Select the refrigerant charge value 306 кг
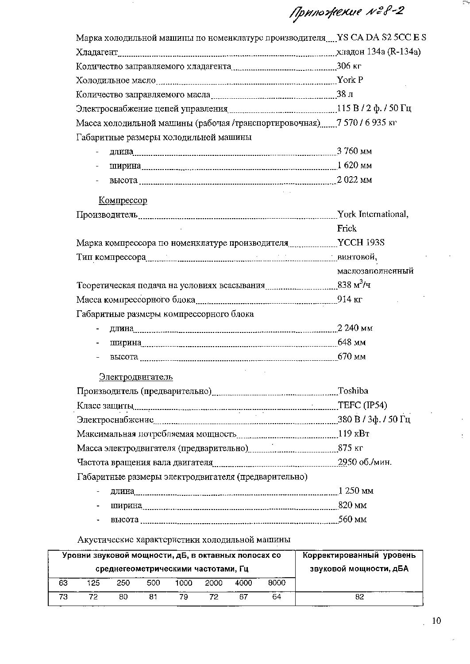tap(350, 66)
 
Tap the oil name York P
tap(350, 80)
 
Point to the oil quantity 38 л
tap(345, 94)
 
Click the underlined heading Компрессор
tap(123, 201)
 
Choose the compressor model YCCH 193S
tap(361, 243)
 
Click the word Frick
tap(347, 228)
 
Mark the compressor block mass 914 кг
tap(350, 299)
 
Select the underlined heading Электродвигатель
tap(135, 377)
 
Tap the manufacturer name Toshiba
tap(353, 391)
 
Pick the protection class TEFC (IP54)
tap(362, 405)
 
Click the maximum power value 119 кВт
tap(354, 433)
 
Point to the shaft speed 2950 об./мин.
tap(365, 462)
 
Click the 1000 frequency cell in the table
tap(183, 583)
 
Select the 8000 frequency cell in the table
tap(277, 583)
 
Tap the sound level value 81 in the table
tap(153, 597)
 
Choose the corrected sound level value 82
tap(359, 597)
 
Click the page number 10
tap(436, 621)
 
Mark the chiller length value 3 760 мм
tap(354, 151)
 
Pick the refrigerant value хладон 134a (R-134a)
tap(378, 52)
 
